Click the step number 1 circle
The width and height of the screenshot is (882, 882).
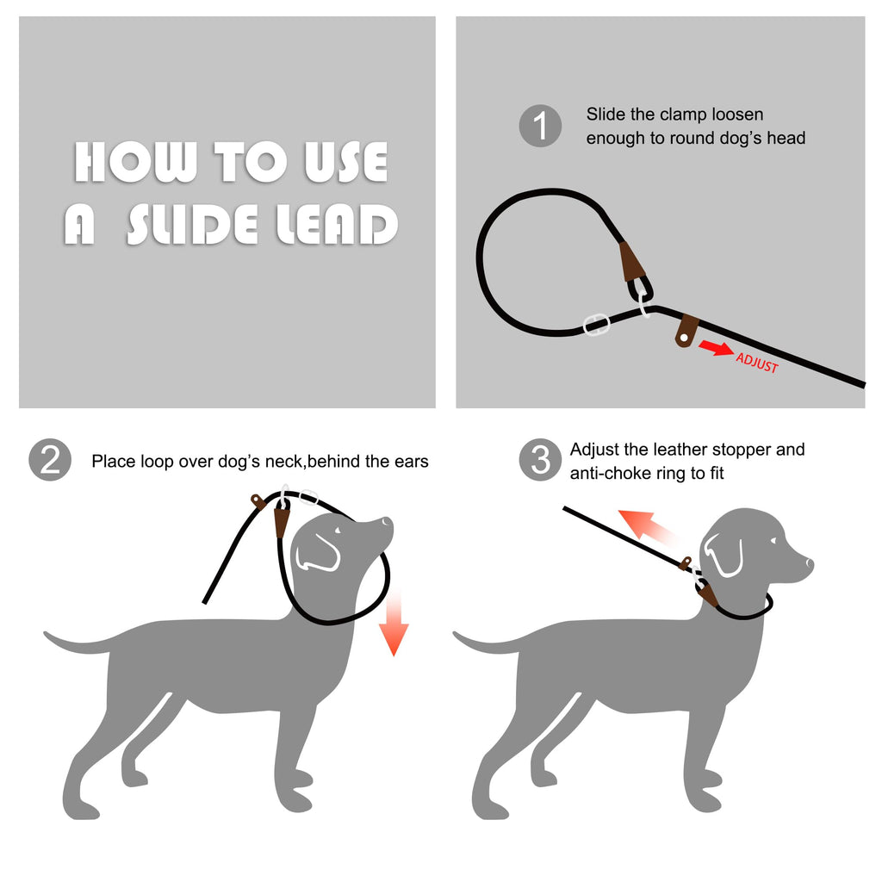tap(540, 127)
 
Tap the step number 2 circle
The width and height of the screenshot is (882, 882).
tap(50, 460)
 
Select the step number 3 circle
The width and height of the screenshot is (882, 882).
tap(540, 461)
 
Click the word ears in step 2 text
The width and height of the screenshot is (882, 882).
tap(408, 462)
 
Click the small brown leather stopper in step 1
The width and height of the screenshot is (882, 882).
tap(686, 329)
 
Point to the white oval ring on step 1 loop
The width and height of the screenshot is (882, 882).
tap(597, 325)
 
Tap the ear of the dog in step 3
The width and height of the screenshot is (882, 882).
tap(724, 554)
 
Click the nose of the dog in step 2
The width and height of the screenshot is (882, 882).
tap(388, 522)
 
